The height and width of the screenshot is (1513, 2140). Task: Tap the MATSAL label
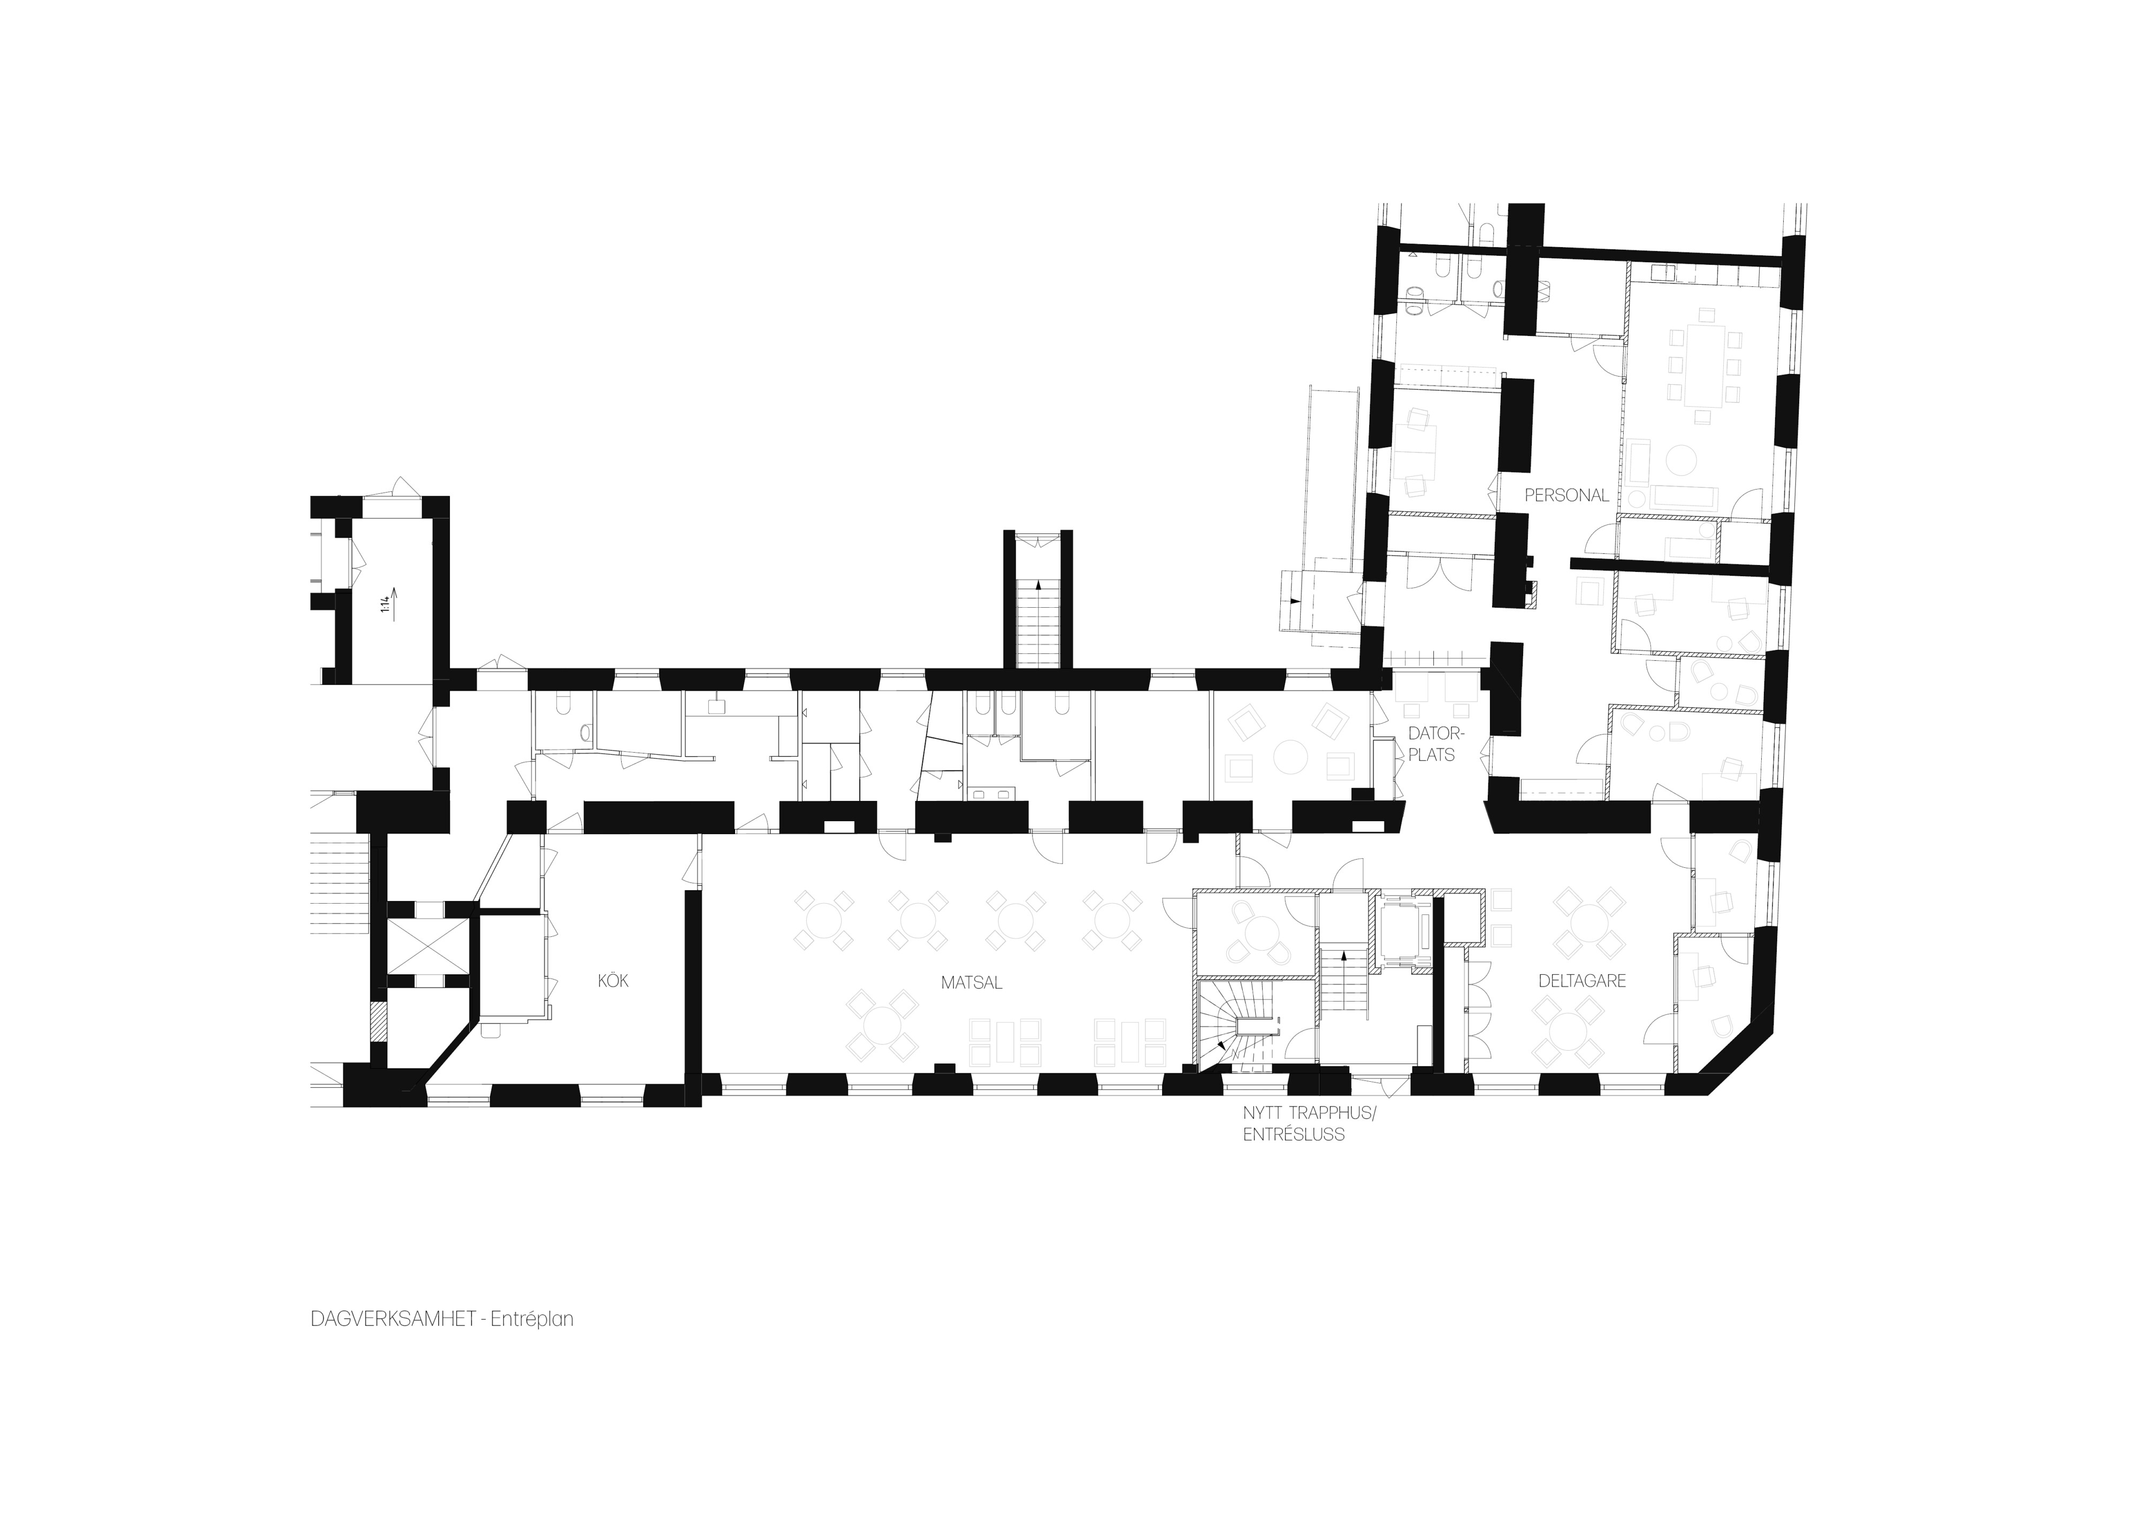971,983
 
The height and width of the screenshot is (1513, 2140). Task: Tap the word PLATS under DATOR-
1432,755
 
